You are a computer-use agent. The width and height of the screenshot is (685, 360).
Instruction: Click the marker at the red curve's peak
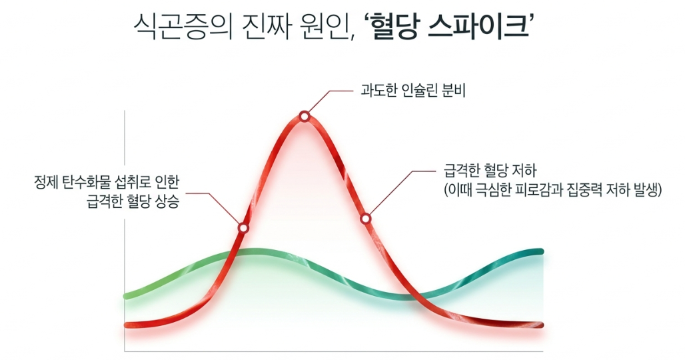coord(305,116)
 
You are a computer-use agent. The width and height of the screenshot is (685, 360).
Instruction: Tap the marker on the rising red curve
coord(243,227)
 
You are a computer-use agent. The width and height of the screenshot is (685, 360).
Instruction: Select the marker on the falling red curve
coord(366,219)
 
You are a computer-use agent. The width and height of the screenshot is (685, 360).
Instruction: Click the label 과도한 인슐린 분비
coord(413,91)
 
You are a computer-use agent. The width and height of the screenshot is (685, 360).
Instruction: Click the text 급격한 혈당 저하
coord(490,171)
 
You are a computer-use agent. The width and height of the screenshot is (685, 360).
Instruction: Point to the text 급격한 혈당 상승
coord(133,202)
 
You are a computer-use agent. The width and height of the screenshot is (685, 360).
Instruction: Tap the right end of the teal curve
coord(541,251)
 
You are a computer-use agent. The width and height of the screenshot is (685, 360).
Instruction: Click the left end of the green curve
coord(127,296)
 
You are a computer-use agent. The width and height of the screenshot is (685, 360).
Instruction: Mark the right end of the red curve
coord(541,325)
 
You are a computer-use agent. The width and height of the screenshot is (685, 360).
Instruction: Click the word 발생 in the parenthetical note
coord(643,191)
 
